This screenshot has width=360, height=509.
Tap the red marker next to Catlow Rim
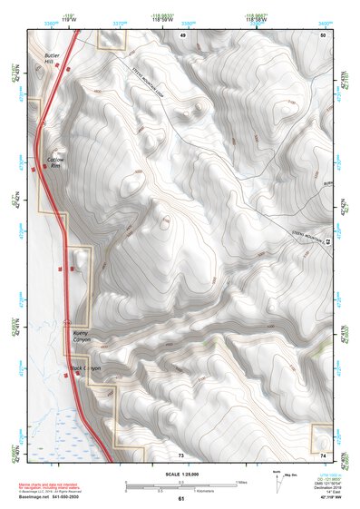click(x=44, y=166)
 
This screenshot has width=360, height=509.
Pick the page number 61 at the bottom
click(x=181, y=499)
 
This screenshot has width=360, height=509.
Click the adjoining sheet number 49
click(x=182, y=34)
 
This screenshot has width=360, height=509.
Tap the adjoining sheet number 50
click(x=322, y=34)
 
